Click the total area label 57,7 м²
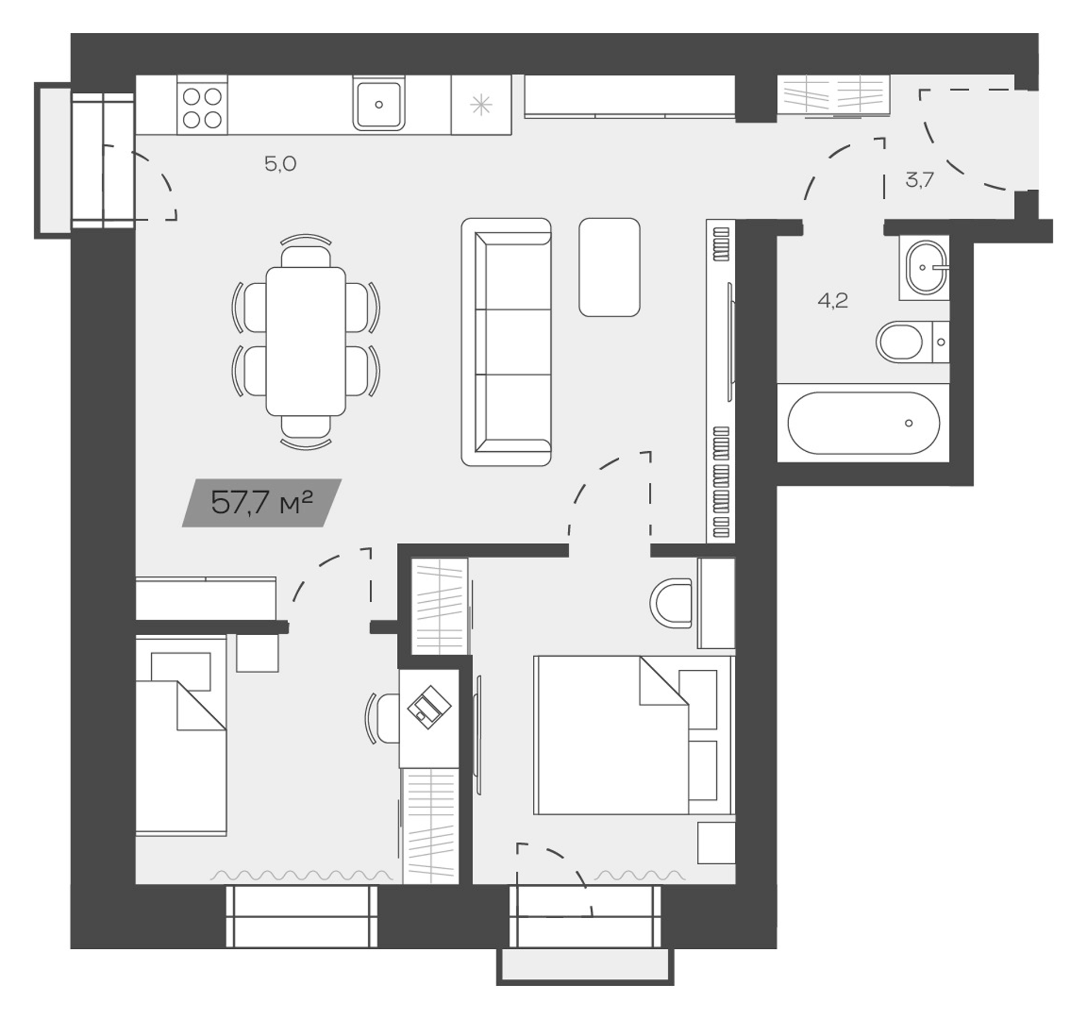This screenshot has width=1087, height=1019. [x=262, y=503]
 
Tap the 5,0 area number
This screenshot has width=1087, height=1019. [x=280, y=164]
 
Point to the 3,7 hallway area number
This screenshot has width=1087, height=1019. [x=919, y=181]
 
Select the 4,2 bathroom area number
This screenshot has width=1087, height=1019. [x=833, y=301]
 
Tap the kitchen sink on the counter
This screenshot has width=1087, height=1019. [x=379, y=105]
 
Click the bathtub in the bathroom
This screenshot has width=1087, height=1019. [x=863, y=423]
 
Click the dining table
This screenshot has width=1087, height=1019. [x=306, y=341]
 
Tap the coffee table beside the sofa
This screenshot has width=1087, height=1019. [x=609, y=267]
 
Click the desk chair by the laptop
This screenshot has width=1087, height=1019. [x=385, y=718]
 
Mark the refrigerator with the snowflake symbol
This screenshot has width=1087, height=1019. [x=481, y=105]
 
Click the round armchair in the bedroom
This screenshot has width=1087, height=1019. [x=672, y=603]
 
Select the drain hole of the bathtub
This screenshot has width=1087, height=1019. [x=909, y=423]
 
